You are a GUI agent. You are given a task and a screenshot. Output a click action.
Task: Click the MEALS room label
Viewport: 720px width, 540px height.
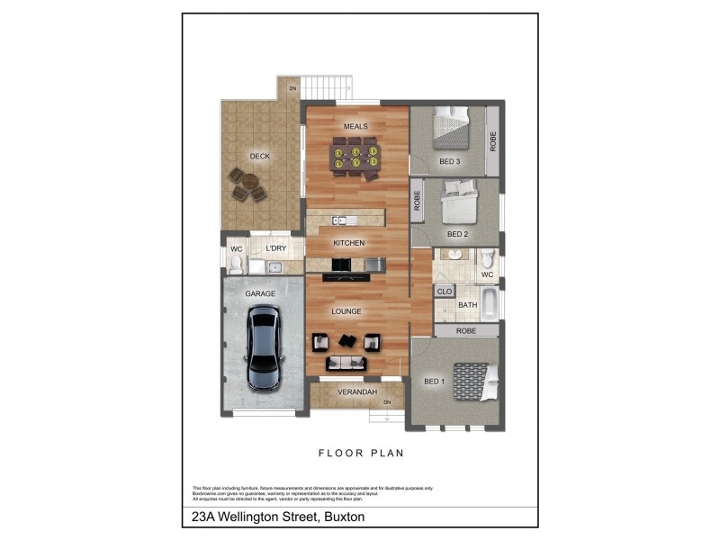[x=355, y=127]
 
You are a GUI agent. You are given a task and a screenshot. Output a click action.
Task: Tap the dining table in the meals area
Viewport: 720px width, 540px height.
[x=354, y=157]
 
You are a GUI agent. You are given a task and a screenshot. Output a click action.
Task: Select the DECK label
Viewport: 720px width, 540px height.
[x=260, y=157]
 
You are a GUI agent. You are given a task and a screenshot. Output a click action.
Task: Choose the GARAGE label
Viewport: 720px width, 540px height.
[x=261, y=293]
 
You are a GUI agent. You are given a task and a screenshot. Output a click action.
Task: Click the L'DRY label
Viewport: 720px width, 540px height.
[x=275, y=248]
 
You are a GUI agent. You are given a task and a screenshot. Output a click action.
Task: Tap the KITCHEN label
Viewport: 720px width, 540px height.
[x=348, y=244]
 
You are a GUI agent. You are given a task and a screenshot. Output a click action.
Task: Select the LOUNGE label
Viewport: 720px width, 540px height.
[x=346, y=311]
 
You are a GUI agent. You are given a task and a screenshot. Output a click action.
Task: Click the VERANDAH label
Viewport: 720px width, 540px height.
[x=356, y=392]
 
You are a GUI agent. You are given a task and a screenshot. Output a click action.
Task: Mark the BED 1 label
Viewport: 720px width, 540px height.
[x=435, y=382]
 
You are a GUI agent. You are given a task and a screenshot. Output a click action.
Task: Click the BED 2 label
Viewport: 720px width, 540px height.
[x=458, y=234]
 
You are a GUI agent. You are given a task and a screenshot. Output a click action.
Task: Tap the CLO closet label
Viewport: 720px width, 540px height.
[x=444, y=292]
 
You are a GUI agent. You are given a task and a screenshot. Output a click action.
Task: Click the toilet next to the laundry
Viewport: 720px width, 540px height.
[x=237, y=264]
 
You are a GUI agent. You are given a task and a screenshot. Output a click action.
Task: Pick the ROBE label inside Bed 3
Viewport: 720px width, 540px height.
[x=492, y=140]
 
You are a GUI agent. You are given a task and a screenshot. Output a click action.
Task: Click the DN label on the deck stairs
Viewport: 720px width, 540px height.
[x=292, y=88]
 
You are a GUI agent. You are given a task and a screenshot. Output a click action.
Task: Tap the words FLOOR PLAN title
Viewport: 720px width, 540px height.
[x=360, y=455]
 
